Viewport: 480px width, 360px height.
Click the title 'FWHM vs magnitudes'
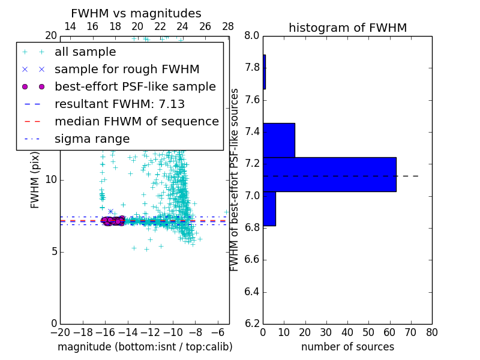(136, 14)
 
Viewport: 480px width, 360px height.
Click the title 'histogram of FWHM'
(347, 28)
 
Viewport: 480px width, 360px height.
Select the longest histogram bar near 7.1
(329, 174)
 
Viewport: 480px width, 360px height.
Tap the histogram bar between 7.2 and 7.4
(278, 140)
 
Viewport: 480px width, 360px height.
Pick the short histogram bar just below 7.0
(269, 209)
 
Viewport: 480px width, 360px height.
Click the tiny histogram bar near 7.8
(264, 72)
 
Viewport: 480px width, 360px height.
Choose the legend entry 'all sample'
(85, 52)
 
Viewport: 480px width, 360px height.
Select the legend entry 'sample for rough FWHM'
(127, 70)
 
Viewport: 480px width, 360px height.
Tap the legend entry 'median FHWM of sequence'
(136, 122)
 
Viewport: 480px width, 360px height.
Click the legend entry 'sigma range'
(92, 139)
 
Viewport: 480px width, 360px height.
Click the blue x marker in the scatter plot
(110, 211)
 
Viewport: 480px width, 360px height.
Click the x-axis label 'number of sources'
(347, 347)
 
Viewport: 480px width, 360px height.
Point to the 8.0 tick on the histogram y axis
(252, 35)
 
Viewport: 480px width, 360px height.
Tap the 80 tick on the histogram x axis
(431, 332)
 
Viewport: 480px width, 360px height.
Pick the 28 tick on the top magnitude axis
(228, 26)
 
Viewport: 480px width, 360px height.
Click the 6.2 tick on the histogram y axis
(252, 324)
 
